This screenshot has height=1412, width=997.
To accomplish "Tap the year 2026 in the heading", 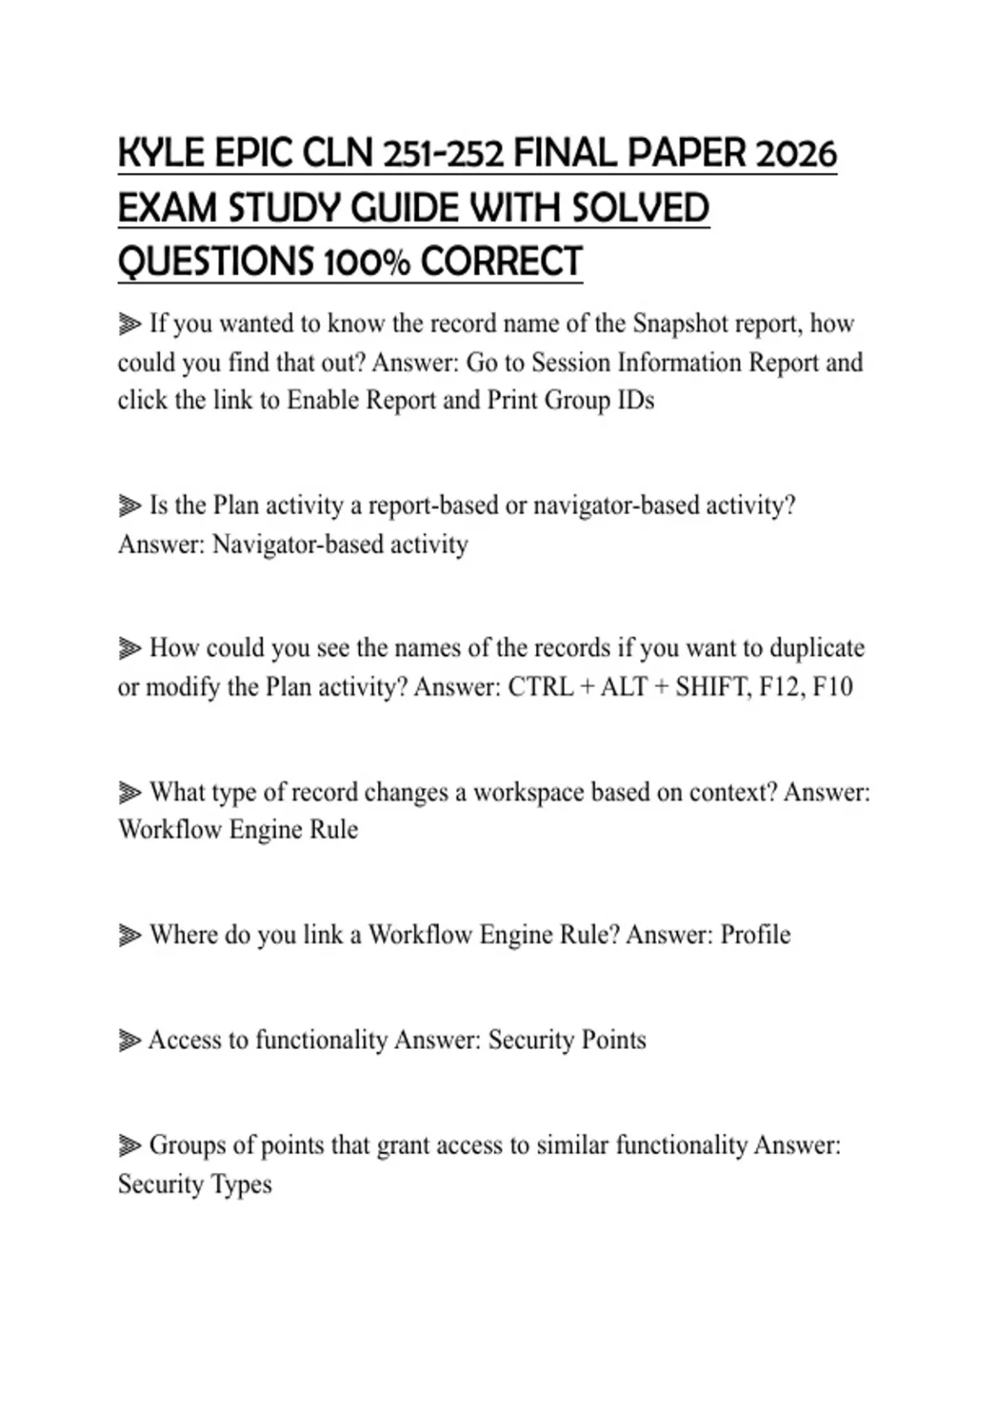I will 797,154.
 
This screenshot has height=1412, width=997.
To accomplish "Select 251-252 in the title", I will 443,154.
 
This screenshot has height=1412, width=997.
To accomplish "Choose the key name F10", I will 832,687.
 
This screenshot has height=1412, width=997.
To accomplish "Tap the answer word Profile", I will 755,934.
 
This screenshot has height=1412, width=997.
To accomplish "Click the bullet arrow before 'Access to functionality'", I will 130,1041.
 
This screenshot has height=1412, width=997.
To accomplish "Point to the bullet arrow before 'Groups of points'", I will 130,1146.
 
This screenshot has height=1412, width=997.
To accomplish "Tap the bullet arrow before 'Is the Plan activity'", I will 130,506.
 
